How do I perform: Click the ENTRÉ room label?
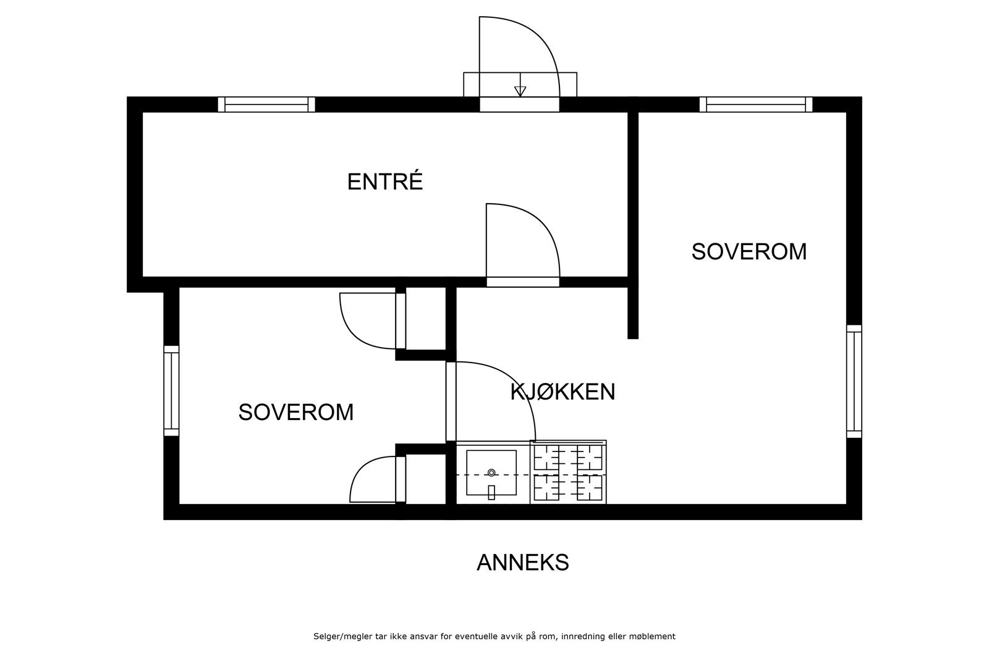click(x=384, y=182)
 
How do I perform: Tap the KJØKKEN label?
click(x=562, y=392)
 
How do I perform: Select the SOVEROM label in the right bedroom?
click(x=749, y=252)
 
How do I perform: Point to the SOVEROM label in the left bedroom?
click(x=295, y=412)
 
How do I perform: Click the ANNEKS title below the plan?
click(x=522, y=563)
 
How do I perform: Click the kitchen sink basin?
click(x=491, y=472)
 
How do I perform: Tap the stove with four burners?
click(x=568, y=472)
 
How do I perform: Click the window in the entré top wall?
click(x=266, y=104)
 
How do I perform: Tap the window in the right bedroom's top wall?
click(x=755, y=104)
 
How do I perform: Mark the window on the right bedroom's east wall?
click(x=854, y=381)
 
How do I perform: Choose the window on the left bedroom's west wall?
click(x=171, y=390)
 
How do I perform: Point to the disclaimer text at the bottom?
click(x=494, y=636)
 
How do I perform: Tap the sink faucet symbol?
click(x=491, y=492)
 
